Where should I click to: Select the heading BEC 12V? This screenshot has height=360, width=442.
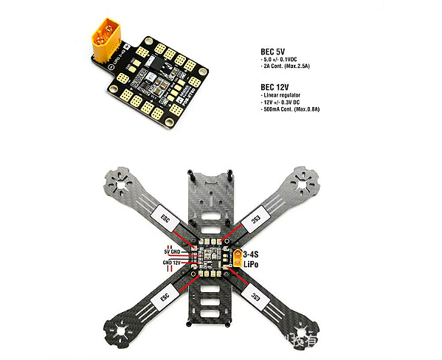pyautogui.click(x=274, y=86)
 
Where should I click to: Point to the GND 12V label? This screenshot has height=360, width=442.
pyautogui.click(x=171, y=262)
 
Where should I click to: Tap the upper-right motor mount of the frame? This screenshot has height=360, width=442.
pyautogui.click(x=305, y=179)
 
